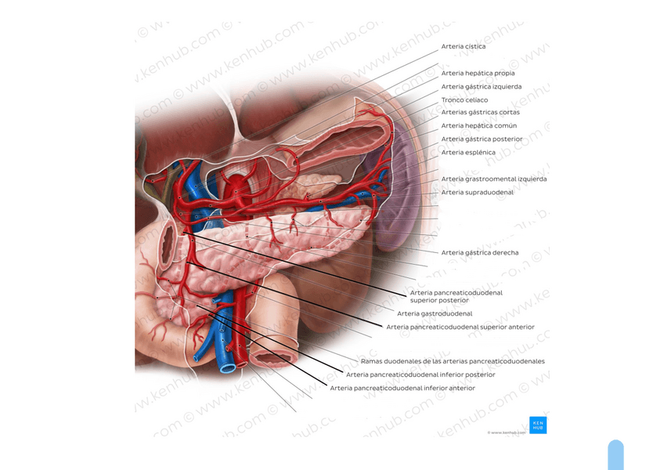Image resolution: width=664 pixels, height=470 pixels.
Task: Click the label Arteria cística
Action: pyautogui.click(x=463, y=47)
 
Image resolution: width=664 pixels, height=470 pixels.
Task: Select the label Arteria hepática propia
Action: pyautogui.click(x=478, y=74)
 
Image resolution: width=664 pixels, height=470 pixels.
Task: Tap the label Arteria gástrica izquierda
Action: pyautogui.click(x=481, y=87)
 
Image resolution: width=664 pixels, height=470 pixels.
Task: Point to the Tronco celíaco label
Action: pyautogui.click(x=464, y=100)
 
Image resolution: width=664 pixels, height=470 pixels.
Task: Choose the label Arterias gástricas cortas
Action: pyautogui.click(x=480, y=113)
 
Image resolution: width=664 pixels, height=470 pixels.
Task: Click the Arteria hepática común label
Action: pyautogui.click(x=478, y=126)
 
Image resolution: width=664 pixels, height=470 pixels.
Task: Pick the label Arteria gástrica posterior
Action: pyautogui.click(x=482, y=139)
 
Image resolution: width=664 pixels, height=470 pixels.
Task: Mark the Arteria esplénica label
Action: pyautogui.click(x=467, y=153)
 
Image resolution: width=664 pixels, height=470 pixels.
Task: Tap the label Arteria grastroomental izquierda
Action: pyautogui.click(x=493, y=179)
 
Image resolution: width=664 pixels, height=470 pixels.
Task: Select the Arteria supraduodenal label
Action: pyautogui.click(x=477, y=193)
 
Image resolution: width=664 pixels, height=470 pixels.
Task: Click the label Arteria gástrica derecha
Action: pyautogui.click(x=479, y=253)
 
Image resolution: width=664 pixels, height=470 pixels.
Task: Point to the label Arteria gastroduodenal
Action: pyautogui.click(x=435, y=314)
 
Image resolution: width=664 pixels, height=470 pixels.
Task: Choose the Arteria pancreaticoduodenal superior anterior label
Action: pyautogui.click(x=460, y=327)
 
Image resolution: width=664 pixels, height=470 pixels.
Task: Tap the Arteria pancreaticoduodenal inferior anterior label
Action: pyautogui.click(x=402, y=389)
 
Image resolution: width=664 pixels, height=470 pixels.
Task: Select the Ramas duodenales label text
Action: pyautogui.click(x=453, y=362)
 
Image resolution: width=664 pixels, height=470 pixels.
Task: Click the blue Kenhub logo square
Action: pyautogui.click(x=538, y=425)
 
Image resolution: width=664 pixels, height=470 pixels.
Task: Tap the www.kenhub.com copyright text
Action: pyautogui.click(x=507, y=432)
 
